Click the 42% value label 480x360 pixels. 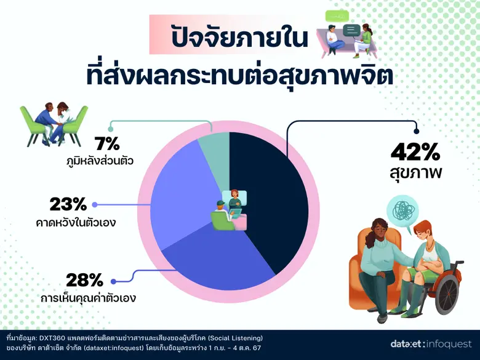point(417,150)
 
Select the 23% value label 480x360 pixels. point(68,204)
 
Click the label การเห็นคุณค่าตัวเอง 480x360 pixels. point(88,299)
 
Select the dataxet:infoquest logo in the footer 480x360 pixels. point(431,344)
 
